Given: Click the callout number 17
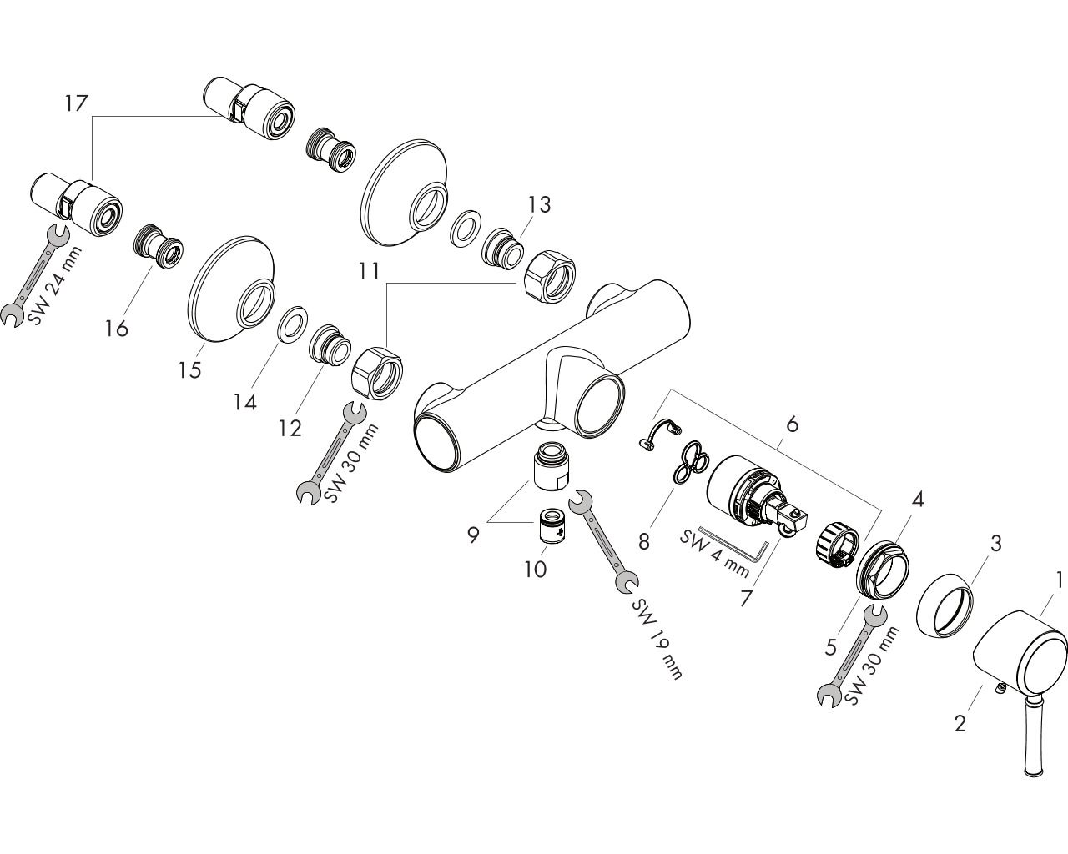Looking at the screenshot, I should tap(76, 104).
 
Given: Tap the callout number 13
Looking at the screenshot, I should tap(539, 204).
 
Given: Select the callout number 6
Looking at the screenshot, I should tap(791, 424).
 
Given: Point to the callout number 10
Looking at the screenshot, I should tap(535, 569).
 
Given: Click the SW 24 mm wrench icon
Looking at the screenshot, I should tap(33, 275).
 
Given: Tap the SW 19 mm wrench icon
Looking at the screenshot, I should tap(602, 541).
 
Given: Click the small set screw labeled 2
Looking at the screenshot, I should tap(998, 687).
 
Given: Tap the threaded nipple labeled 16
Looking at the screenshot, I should tap(159, 246).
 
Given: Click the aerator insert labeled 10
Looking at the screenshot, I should tap(552, 527).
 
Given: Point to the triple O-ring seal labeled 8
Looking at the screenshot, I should tap(688, 461).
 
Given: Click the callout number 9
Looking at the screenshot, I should tap(472, 534).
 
